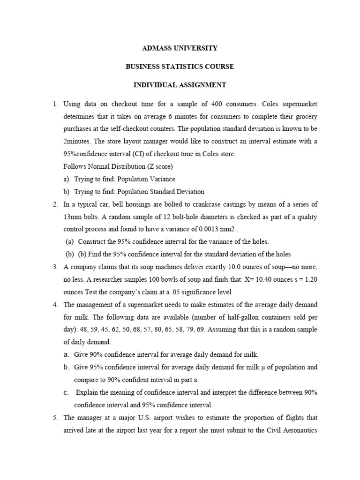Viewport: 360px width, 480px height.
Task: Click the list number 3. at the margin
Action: [x=55, y=267]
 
